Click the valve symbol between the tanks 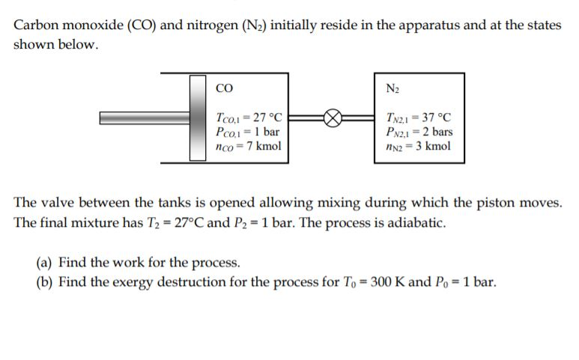click(333, 118)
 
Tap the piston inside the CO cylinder click(198, 118)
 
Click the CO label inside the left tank click(222, 88)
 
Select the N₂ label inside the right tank click(392, 88)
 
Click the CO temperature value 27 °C click(267, 118)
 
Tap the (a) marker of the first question click(44, 263)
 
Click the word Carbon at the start click(37, 25)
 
